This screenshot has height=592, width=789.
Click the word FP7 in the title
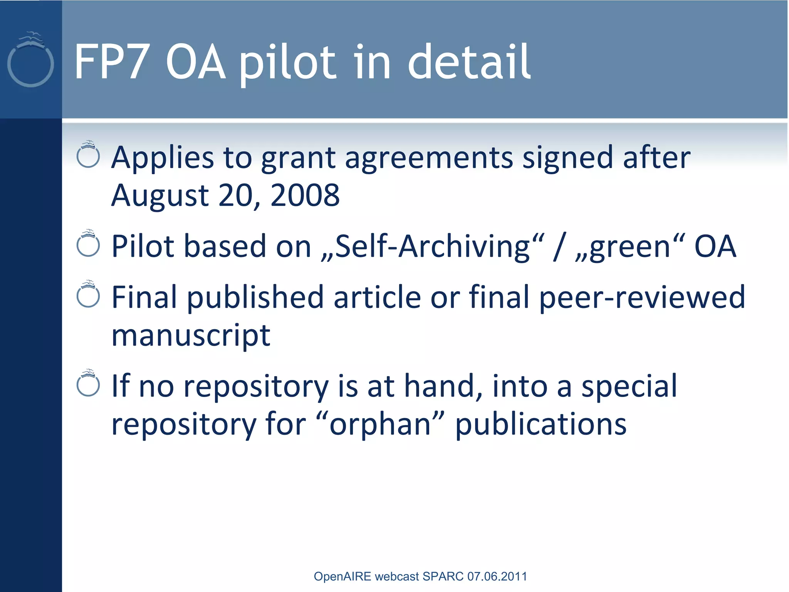tap(111, 62)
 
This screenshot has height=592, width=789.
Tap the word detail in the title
tap(469, 62)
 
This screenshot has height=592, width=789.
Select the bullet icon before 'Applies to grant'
tap(88, 155)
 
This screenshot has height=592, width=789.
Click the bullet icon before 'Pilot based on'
tap(88, 244)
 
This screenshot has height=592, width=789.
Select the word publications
tap(541, 425)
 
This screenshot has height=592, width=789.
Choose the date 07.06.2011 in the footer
tap(497, 576)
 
